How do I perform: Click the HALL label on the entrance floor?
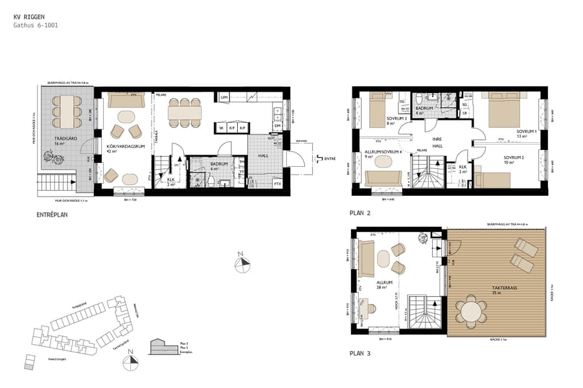coord(262,155)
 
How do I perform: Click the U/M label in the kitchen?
coord(224,98)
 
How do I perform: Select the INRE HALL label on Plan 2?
coord(439,143)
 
